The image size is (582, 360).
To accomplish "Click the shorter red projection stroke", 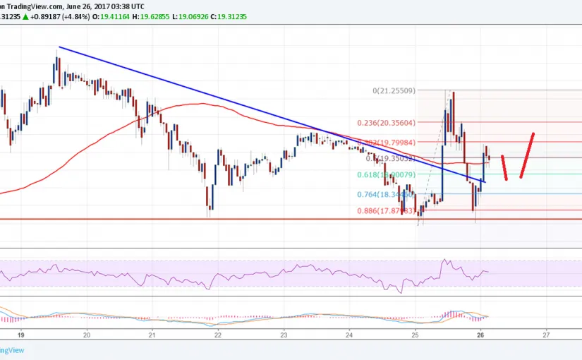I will tap(504, 167).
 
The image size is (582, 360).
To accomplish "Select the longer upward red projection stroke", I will tap(527, 155).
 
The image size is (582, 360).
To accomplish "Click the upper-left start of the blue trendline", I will tap(59, 47).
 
